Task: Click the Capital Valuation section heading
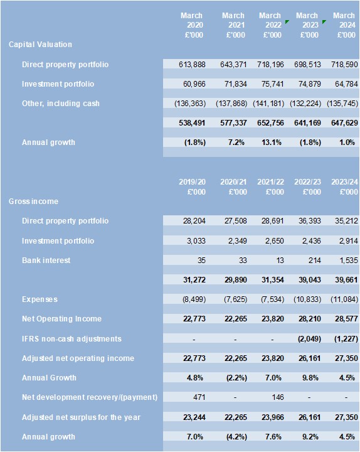click(40, 45)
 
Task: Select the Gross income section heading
click(33, 202)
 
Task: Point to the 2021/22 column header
click(270, 187)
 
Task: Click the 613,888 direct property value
click(192, 64)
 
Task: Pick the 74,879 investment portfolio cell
click(307, 84)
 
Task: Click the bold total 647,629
click(344, 123)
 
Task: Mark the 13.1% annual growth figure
click(272, 143)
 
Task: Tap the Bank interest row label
click(46, 261)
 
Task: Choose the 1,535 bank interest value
click(349, 261)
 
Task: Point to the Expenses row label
click(40, 299)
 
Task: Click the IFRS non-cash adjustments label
click(71, 339)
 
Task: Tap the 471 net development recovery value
click(199, 397)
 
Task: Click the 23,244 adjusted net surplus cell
click(194, 417)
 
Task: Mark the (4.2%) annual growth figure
click(236, 437)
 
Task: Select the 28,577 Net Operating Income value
click(346, 319)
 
